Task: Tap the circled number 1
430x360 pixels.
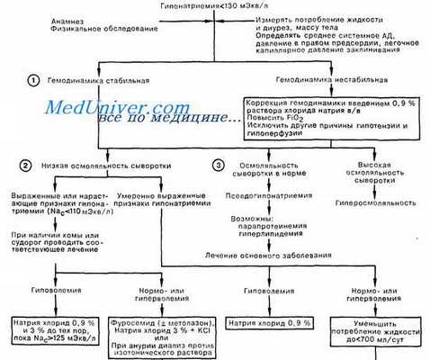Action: coord(34,80)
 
